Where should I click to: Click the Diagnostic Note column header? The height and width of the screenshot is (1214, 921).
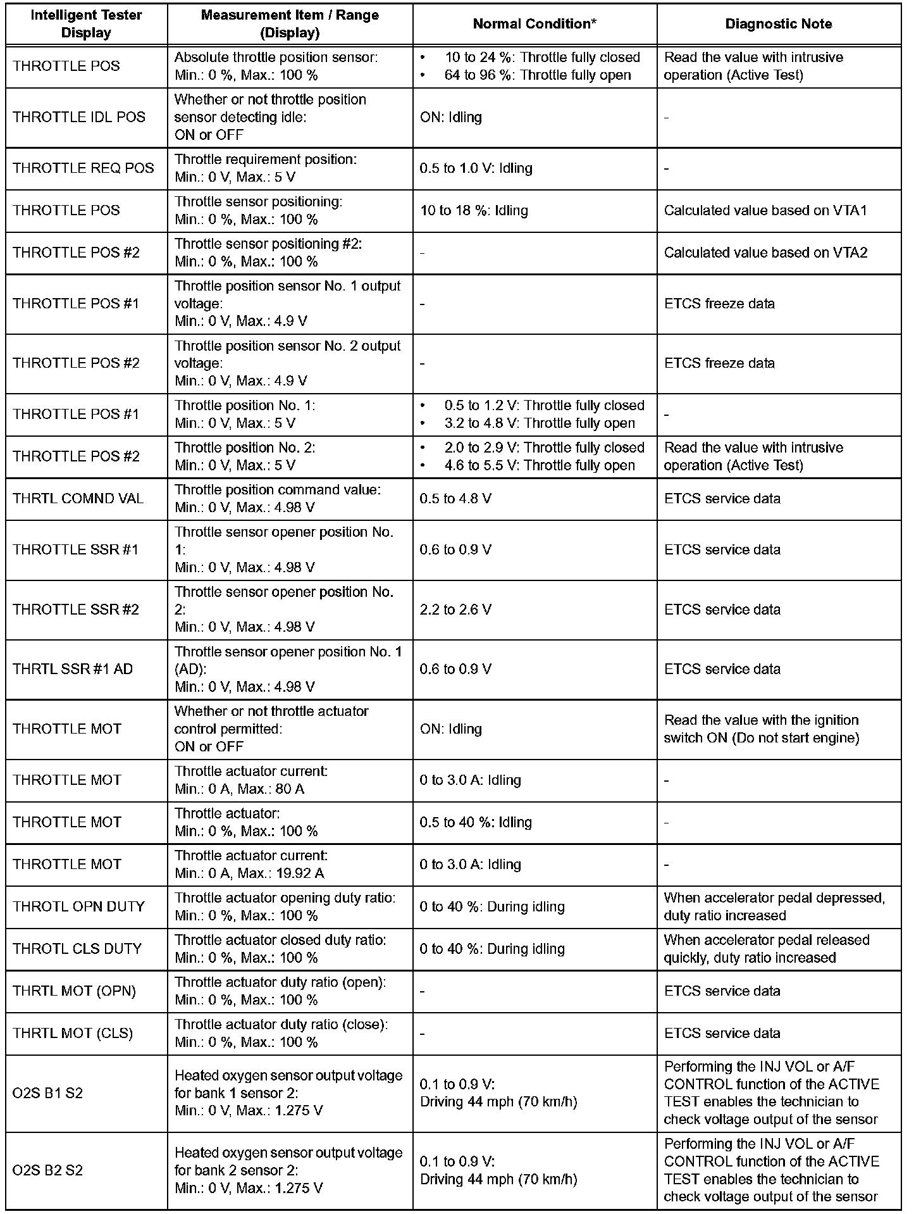click(x=778, y=24)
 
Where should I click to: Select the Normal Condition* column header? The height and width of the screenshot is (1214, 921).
click(x=535, y=24)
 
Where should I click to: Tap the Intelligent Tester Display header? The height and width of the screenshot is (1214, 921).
click(x=86, y=24)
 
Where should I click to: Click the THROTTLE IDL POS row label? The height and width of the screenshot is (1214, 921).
click(x=79, y=117)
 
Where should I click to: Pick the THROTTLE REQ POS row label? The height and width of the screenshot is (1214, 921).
click(x=83, y=168)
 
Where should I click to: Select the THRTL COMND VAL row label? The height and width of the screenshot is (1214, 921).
click(x=78, y=499)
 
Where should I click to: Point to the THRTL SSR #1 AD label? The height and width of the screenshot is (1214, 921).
click(x=73, y=669)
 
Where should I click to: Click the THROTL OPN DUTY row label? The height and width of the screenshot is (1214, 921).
click(x=78, y=906)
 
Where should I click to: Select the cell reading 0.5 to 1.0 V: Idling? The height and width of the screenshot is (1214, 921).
click(x=476, y=168)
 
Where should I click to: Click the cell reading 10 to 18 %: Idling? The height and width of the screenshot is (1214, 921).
click(x=474, y=210)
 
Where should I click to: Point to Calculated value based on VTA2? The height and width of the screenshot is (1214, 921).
click(x=765, y=253)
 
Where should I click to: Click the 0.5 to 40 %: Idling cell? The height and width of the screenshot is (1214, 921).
click(x=476, y=822)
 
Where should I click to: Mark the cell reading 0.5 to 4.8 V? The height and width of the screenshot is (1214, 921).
click(x=455, y=499)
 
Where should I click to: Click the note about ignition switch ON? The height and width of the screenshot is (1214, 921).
click(x=762, y=729)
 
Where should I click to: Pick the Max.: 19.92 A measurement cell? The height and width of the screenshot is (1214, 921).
click(x=251, y=865)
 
